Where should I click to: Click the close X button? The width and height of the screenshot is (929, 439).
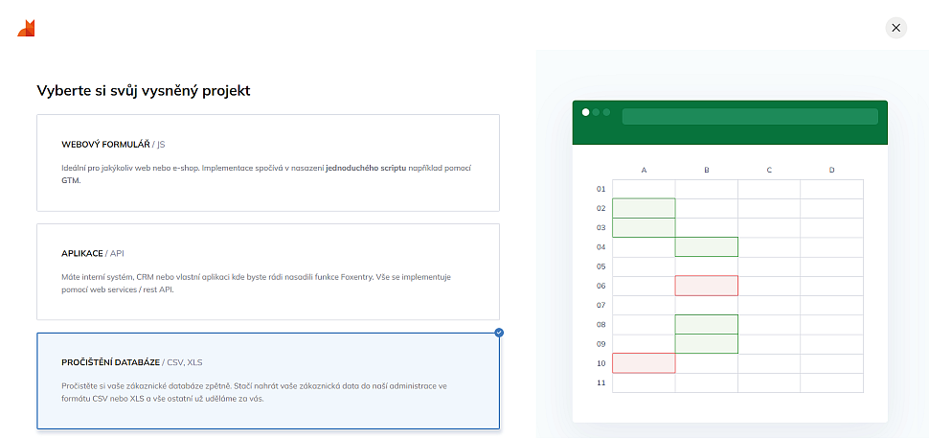point(895,28)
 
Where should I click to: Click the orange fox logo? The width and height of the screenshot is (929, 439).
point(26,28)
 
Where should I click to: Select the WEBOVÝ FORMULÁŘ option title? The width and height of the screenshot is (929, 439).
point(105,144)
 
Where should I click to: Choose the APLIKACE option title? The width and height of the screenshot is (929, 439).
point(82,253)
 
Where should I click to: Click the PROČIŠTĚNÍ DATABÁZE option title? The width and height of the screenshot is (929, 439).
point(110,362)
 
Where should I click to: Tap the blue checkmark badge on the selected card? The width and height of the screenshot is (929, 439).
point(499,333)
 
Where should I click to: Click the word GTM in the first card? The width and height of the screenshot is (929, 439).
point(71,179)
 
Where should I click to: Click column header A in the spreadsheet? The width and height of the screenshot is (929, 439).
point(644,171)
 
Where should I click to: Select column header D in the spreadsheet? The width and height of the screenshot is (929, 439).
point(832,171)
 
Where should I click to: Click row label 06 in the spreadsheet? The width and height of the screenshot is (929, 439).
point(600,286)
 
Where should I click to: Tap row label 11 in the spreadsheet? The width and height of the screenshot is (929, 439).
point(600,382)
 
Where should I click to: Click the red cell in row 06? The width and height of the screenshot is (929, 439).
point(707,286)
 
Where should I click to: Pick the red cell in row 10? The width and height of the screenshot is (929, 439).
point(644,363)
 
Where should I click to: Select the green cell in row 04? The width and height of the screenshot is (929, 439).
point(707,247)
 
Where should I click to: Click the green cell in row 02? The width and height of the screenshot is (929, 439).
point(644,208)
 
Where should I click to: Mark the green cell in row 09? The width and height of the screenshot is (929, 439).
point(707,344)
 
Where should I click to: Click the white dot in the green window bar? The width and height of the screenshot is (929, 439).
point(586,112)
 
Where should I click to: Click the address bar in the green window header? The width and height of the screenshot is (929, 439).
point(750,116)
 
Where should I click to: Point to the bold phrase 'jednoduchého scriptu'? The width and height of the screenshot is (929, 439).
point(366,168)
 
